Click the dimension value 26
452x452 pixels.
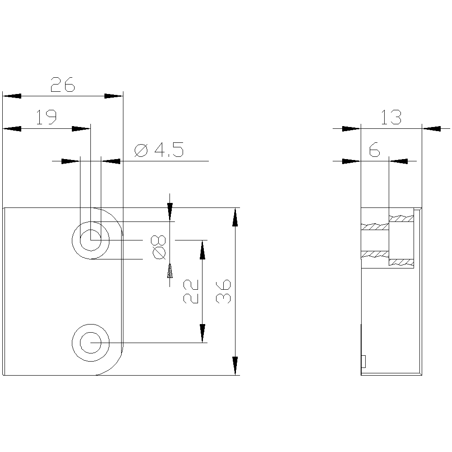pyautogui.click(x=62, y=85)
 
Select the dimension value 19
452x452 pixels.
pyautogui.click(x=46, y=118)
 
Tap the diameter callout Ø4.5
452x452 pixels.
pyautogui.click(x=159, y=150)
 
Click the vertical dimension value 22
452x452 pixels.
pyautogui.click(x=191, y=291)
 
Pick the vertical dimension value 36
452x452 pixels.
pyautogui.click(x=224, y=291)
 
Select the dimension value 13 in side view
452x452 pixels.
pyautogui.click(x=391, y=118)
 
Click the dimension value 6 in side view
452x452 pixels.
pyautogui.click(x=374, y=150)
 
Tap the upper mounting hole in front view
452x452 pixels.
pyautogui.click(x=91, y=240)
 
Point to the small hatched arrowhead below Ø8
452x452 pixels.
pyautogui.click(x=170, y=273)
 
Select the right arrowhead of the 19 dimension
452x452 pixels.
pyautogui.click(x=81, y=129)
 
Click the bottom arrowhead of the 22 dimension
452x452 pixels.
pyautogui.click(x=202, y=334)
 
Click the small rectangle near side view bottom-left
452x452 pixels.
pyautogui.click(x=363, y=361)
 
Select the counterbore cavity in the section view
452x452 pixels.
pyautogui.click(x=401, y=240)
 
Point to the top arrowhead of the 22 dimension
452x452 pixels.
pyautogui.click(x=202, y=249)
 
